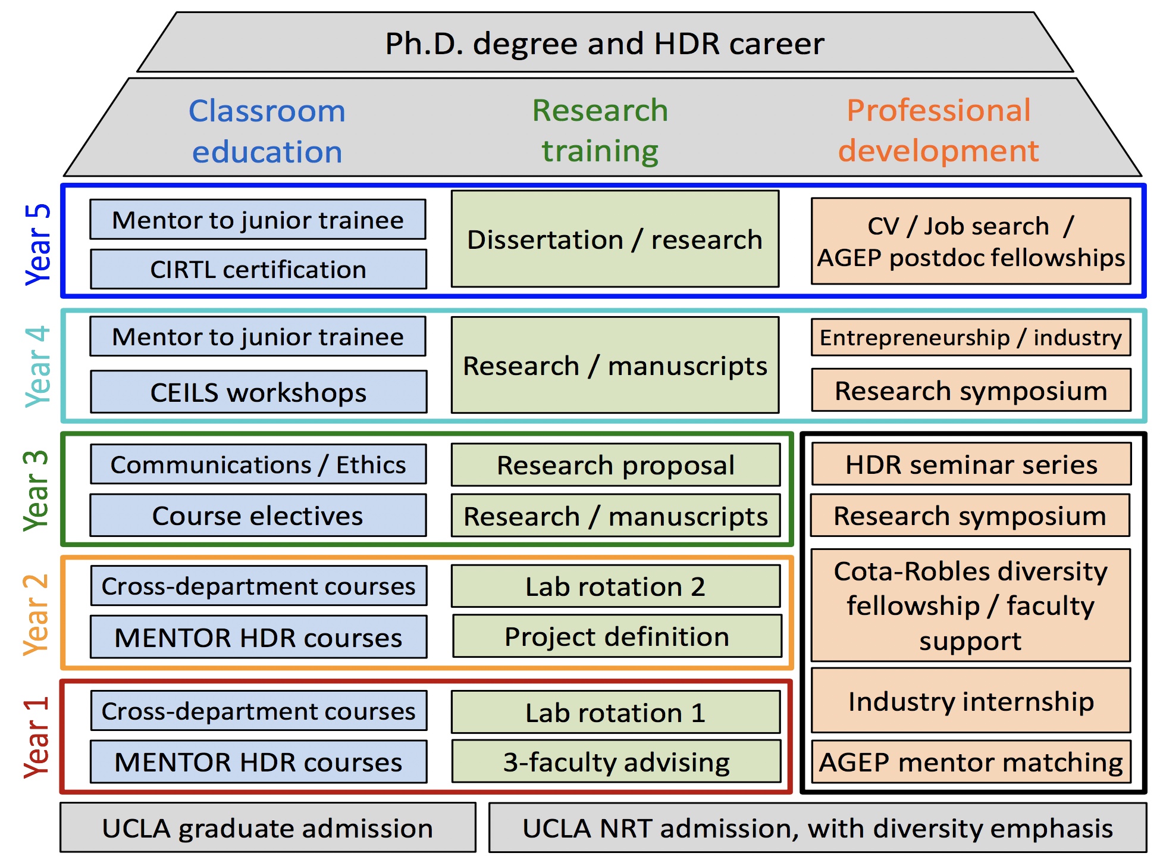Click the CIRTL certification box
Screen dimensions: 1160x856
258,269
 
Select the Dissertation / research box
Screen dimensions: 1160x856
615,239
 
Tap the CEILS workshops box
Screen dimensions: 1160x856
258,392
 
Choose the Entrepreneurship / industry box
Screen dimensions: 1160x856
971,338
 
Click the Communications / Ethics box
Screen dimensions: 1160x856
258,464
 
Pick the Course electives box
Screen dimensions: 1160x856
258,515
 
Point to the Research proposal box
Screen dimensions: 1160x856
616,465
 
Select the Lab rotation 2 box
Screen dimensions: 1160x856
616,586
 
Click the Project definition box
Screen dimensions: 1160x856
617,636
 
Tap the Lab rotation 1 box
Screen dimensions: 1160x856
616,712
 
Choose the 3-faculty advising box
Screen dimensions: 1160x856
616,761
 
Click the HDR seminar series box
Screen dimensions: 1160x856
971,464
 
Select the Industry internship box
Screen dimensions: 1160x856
971,700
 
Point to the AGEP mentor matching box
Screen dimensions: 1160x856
971,761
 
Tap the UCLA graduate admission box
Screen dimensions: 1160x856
268,827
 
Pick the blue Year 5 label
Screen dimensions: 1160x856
37,244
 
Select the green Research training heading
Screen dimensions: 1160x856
600,130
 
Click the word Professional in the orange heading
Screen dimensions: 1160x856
939,111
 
